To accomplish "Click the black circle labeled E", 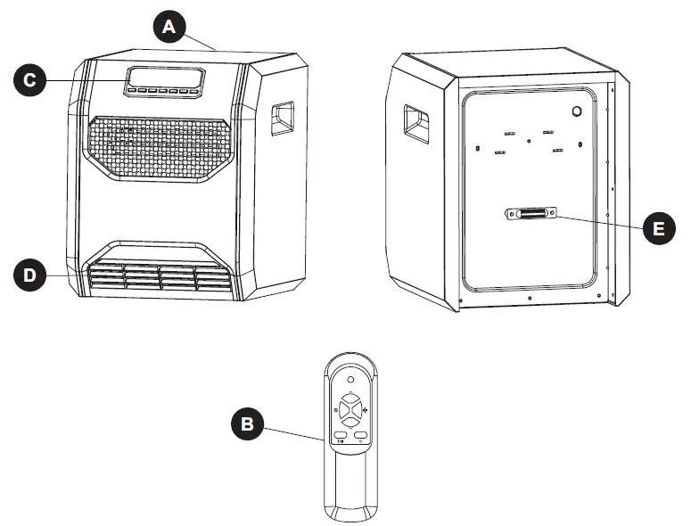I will point(658,228).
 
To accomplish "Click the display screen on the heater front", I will point(164,77).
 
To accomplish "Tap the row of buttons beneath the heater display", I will point(162,91).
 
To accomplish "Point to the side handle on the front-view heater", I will point(283,119).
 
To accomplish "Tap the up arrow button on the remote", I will point(351,400).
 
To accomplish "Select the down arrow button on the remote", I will point(351,420).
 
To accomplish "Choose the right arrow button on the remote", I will point(361,410).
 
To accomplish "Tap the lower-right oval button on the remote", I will point(361,435).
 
